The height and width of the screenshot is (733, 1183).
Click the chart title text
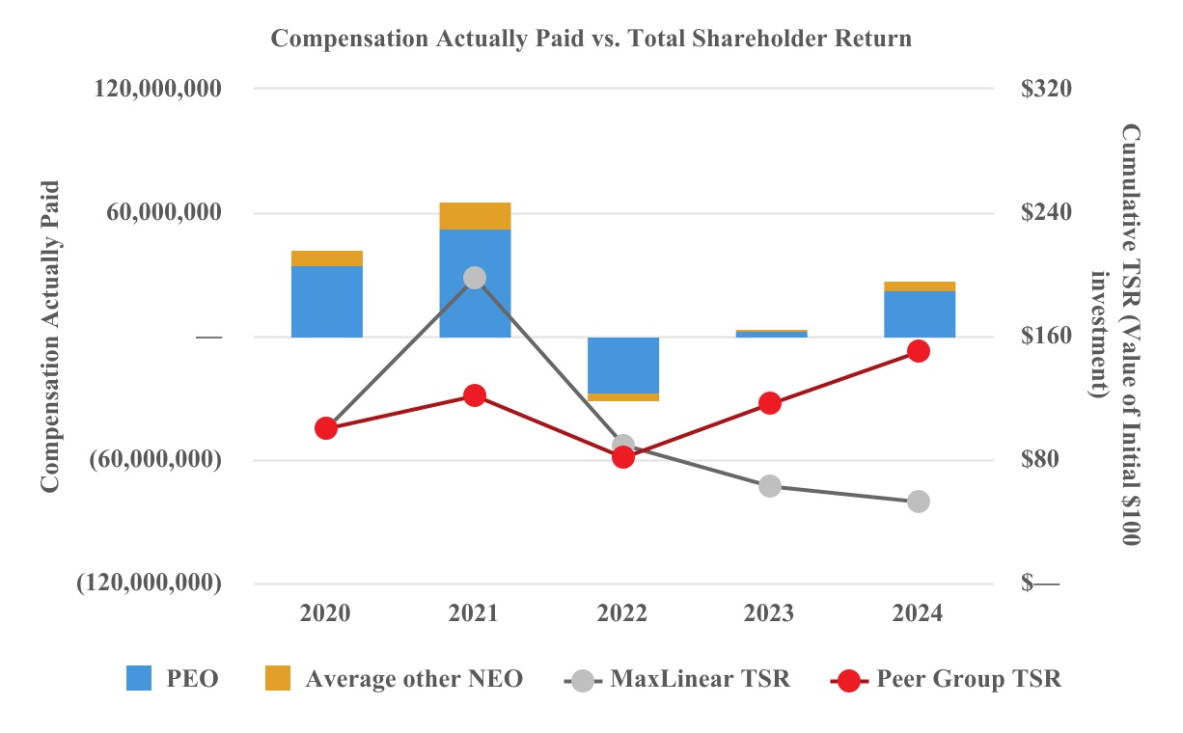point(591,40)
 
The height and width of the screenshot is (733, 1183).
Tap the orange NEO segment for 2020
point(327,258)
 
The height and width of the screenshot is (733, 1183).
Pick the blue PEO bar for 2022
point(623,366)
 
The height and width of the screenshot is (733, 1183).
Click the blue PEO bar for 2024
point(920,313)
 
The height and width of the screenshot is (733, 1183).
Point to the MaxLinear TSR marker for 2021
point(475,278)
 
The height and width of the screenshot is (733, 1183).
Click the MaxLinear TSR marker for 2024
point(919,502)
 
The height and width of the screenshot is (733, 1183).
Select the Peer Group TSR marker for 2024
point(919,351)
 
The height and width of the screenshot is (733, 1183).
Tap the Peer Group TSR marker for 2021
point(475,395)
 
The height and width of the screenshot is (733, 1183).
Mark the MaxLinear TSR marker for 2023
point(770,486)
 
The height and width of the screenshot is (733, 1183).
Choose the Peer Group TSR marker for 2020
point(326,428)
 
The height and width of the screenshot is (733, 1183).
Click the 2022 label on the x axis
point(622,613)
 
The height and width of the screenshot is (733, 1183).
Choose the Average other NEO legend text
point(414,679)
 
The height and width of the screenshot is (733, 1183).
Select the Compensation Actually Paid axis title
point(50,337)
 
